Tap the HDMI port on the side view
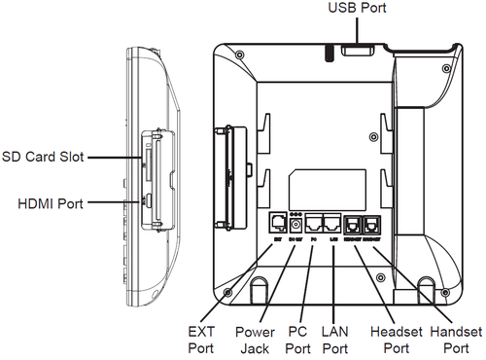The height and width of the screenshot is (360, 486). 147,201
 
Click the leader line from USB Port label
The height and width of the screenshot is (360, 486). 357,27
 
